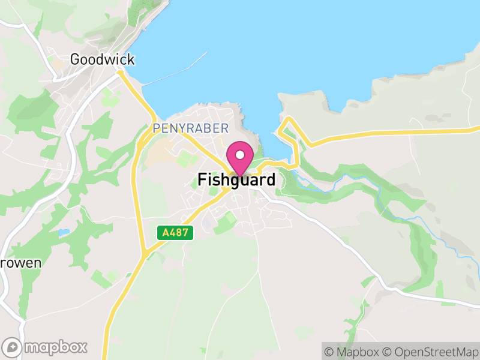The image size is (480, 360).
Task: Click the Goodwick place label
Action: (x=102, y=59)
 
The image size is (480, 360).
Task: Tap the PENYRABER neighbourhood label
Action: (x=191, y=128)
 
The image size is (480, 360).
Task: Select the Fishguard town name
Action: (x=236, y=179)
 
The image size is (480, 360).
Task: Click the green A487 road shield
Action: (x=176, y=232)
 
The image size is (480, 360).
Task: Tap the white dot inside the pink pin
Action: (x=241, y=155)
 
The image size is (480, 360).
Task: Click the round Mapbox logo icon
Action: (x=11, y=347)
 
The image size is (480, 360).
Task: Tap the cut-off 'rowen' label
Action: (x=20, y=263)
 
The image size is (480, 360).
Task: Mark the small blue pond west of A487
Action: (x=64, y=232)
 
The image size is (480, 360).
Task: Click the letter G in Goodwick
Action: (x=75, y=59)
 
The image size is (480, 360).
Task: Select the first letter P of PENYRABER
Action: (x=156, y=128)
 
